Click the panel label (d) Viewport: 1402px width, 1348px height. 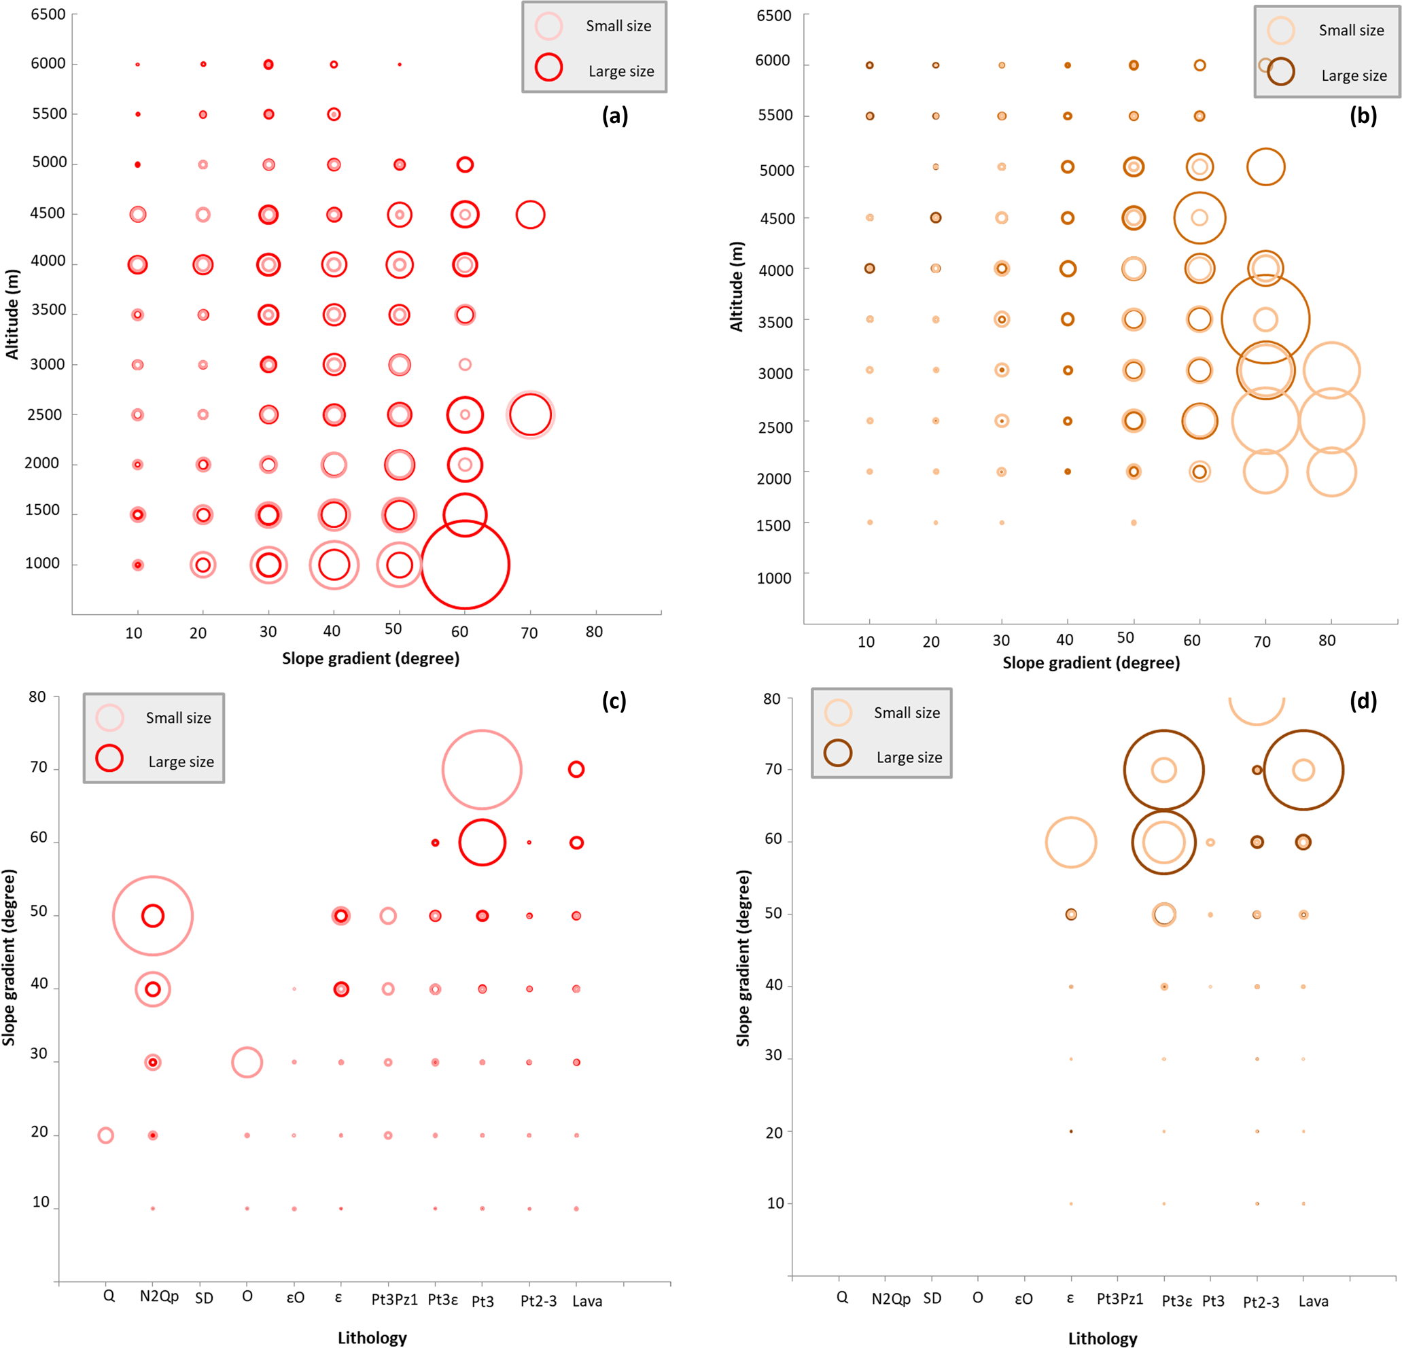coord(1363,700)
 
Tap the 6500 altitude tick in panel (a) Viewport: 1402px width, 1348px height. coord(48,14)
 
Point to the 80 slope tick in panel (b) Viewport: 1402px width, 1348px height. coord(1327,641)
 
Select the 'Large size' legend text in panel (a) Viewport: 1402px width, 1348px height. coord(621,71)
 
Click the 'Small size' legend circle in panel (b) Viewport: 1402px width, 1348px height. coord(1280,31)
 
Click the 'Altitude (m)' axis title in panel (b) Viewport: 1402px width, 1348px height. coord(737,286)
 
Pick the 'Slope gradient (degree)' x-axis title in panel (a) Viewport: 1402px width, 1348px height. coord(370,658)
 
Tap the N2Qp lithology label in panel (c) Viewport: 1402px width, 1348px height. coord(159,1296)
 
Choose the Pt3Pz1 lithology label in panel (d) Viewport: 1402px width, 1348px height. coord(1119,1298)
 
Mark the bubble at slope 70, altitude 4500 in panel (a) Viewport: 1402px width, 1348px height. coord(530,215)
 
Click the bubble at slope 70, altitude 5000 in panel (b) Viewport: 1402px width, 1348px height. coord(1265,166)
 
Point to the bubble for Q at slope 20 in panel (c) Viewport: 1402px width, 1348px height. coord(106,1135)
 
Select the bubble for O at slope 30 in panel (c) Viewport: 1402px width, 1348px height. coord(247,1062)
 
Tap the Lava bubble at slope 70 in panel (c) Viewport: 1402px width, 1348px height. coord(576,770)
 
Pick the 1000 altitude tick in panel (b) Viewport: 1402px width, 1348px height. coord(774,578)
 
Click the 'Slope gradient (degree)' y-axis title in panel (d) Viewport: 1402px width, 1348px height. coord(743,958)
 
